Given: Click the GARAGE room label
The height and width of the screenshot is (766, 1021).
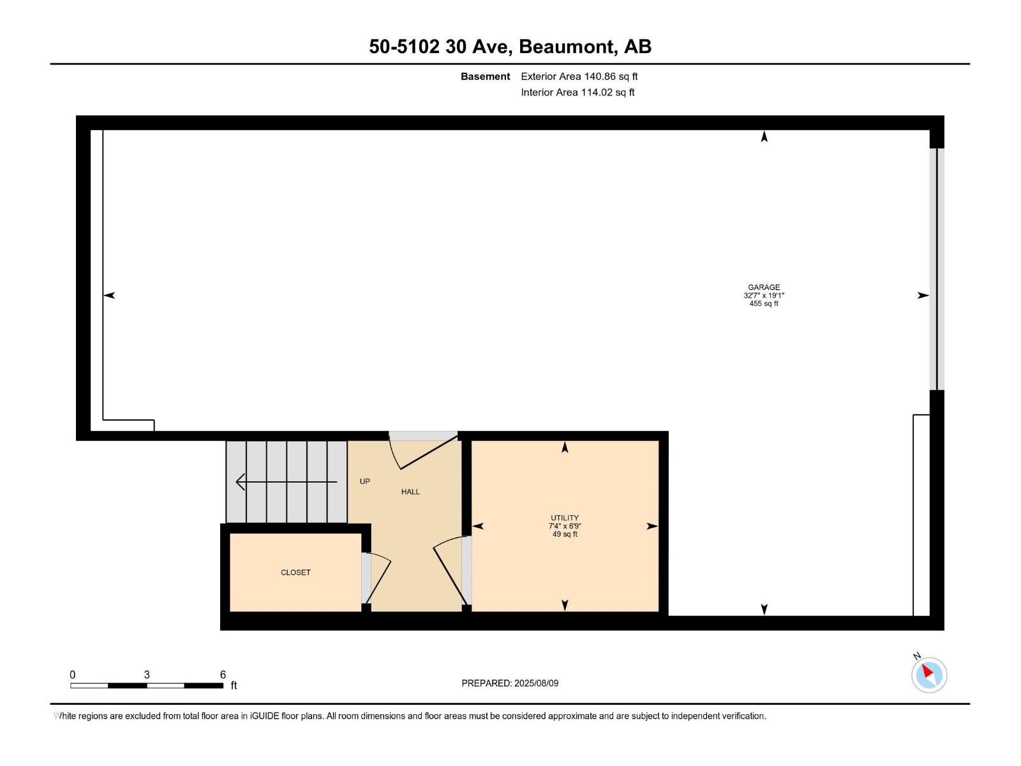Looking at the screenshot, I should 764,287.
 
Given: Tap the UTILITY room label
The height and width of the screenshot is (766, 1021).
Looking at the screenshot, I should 565,518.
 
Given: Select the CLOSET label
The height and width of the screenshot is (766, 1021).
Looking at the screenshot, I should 295,573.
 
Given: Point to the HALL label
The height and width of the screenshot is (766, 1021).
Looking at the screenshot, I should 410,492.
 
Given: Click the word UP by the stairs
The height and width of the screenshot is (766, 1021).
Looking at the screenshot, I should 365,481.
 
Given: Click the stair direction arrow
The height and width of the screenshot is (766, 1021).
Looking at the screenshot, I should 286,482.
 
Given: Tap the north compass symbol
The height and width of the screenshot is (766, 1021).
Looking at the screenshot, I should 928,674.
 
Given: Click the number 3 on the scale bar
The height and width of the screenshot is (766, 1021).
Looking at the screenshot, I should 147,675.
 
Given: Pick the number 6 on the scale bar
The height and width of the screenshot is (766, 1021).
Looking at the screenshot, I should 223,675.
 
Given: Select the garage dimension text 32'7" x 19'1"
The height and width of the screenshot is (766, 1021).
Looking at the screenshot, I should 764,296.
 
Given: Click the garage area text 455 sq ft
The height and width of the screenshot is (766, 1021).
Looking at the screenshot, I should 764,304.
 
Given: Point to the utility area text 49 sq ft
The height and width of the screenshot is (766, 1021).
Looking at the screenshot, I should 565,534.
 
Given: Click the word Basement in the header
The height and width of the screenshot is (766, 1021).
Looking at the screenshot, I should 485,77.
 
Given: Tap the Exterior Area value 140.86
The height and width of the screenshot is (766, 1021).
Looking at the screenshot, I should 600,77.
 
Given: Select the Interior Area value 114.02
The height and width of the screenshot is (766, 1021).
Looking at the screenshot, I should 596,93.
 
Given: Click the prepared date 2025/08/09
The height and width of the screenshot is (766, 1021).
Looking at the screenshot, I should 536,683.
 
